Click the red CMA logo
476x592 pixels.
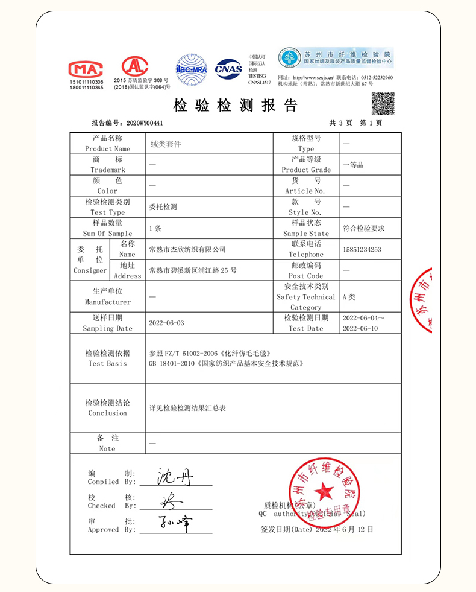point(86,68)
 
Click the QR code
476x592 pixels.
point(383,104)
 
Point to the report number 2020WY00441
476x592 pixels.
point(145,123)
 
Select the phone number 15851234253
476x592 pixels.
point(362,249)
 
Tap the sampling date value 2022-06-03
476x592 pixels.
point(166,323)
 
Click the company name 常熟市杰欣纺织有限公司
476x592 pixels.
point(187,249)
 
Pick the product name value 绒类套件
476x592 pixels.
point(165,144)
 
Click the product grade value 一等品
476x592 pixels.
point(353,164)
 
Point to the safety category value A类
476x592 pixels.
point(349,297)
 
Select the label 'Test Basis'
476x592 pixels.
point(107,364)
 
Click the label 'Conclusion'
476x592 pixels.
point(107,413)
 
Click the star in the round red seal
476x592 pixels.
point(324,491)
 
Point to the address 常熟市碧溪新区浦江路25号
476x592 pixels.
point(193,270)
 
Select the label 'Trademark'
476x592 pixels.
point(107,170)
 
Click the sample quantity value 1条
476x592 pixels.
point(155,229)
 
